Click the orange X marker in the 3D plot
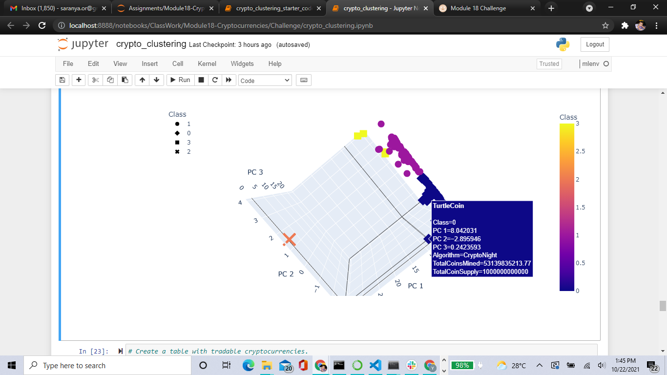click(290, 239)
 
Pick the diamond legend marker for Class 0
click(177, 133)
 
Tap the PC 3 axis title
click(255, 172)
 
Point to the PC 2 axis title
click(286, 274)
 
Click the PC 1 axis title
click(416, 286)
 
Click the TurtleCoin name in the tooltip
click(448, 206)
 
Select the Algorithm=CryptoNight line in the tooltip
click(465, 255)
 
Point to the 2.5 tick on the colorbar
click(580, 151)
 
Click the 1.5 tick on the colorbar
click(580, 208)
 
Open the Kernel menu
click(207, 63)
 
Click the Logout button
click(595, 44)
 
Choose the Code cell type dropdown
click(265, 81)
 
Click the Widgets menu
click(242, 63)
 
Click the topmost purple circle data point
click(381, 124)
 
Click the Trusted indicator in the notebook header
click(549, 63)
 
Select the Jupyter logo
click(83, 44)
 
